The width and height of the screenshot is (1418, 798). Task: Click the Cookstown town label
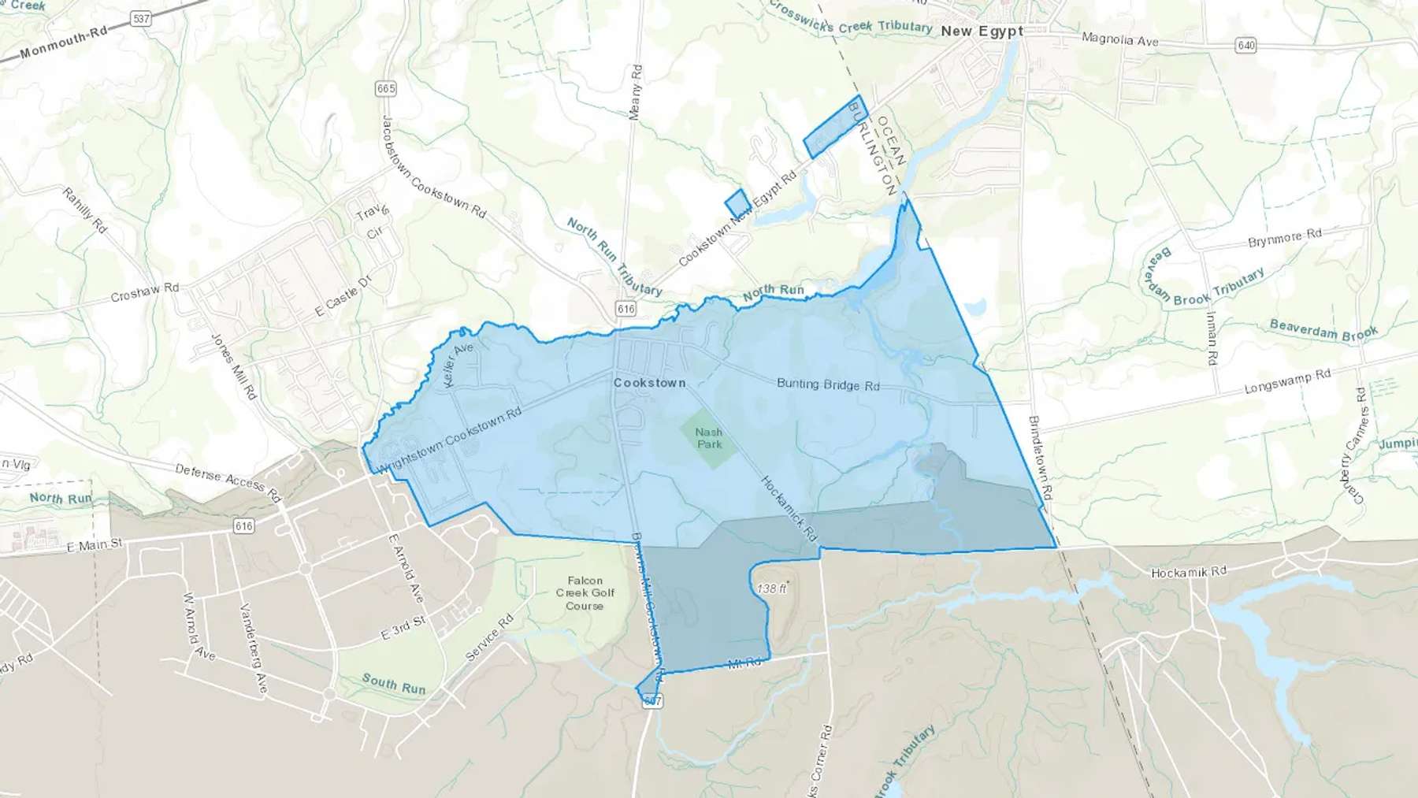[649, 383]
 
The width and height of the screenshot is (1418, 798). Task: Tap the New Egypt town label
[982, 32]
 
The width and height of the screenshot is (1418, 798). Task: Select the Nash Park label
[709, 438]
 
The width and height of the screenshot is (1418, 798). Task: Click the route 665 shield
[386, 89]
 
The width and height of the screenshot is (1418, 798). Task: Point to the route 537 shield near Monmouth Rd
[140, 18]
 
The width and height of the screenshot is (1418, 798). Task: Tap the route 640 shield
[1246, 46]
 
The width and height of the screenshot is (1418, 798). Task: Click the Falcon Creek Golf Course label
[585, 593]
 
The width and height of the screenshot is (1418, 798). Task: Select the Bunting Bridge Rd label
[828, 384]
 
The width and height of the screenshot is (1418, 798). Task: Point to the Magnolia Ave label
[1119, 39]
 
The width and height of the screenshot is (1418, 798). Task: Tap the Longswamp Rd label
[1287, 382]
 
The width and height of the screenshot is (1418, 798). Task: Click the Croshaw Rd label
[145, 293]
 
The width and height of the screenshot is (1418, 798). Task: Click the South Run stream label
[394, 684]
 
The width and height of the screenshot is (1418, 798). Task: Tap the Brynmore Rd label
[1285, 238]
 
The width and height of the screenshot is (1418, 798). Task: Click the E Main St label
[95, 545]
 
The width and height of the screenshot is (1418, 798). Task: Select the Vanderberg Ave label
[254, 648]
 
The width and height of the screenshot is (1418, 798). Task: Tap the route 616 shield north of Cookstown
[625, 308]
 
